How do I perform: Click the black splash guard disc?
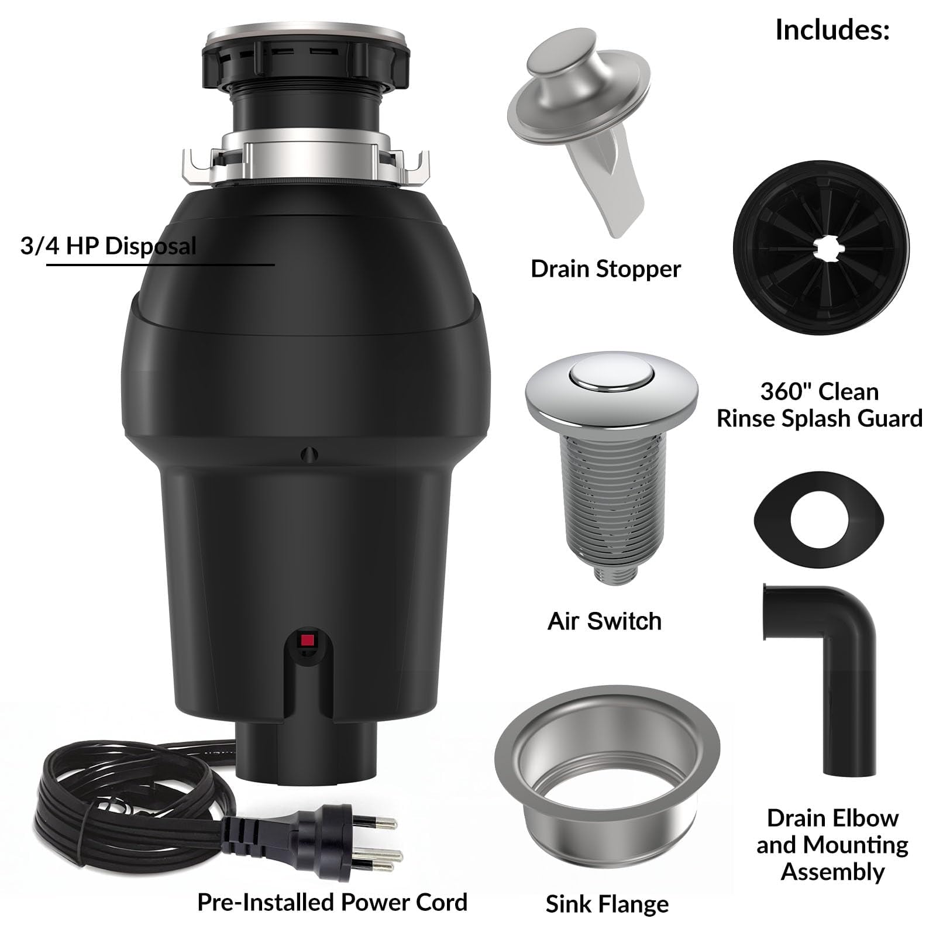821,248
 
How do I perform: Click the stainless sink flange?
607,766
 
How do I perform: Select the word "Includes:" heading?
832,29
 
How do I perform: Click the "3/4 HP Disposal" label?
109,246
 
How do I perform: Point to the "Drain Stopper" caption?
605,269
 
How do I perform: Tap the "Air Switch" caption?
604,621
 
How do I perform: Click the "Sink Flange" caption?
607,904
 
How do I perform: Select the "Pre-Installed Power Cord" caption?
332,902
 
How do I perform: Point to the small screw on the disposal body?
309,455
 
